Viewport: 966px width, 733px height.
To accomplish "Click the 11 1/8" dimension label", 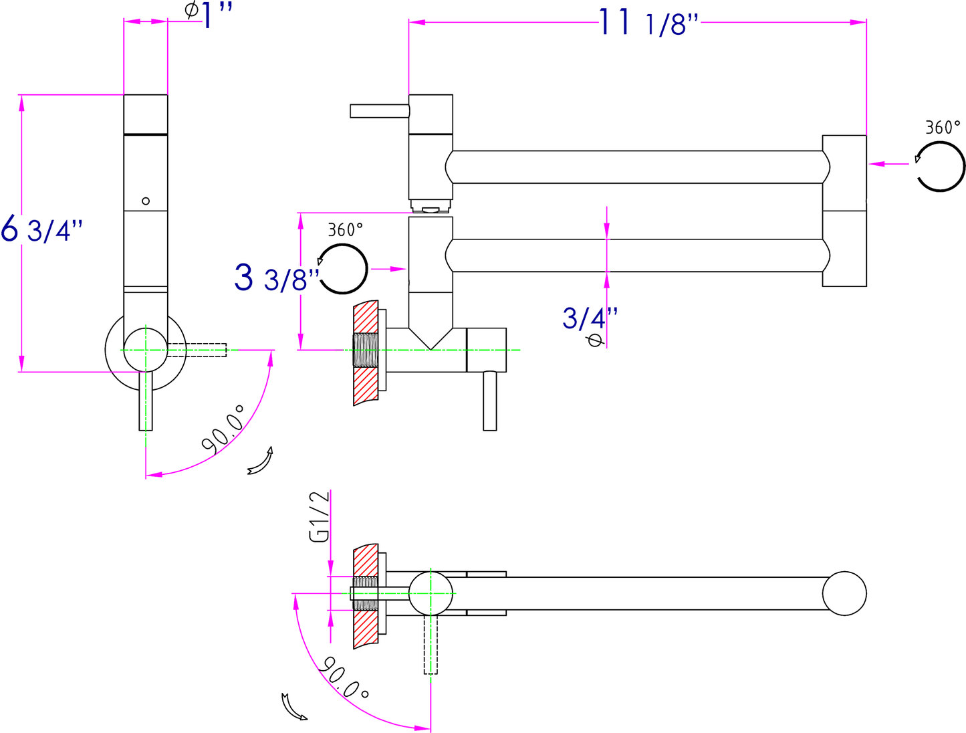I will (647, 23).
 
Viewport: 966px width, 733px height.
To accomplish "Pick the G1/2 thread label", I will (320, 516).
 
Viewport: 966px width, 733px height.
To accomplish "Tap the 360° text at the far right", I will (943, 127).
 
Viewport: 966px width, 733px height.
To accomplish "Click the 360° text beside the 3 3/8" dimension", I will (346, 230).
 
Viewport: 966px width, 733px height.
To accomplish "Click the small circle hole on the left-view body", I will (146, 201).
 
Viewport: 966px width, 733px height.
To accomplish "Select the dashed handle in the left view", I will (197, 349).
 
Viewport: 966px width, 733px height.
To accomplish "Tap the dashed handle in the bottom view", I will (431, 645).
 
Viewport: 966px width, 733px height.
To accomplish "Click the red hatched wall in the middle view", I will (366, 353).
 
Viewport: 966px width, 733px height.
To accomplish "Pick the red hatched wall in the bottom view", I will (366, 595).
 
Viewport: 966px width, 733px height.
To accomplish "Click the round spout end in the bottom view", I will (844, 593).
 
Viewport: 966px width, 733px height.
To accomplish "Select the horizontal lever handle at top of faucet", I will (379, 111).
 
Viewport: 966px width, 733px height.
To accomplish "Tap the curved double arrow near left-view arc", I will (260, 461).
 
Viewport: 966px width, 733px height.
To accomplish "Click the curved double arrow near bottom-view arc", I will (293, 707).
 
